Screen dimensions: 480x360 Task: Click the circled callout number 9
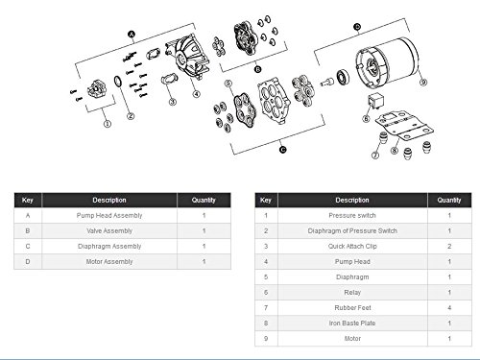tap(423, 83)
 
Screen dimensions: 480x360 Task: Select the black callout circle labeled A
tap(132, 35)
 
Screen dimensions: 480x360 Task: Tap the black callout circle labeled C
tap(283, 150)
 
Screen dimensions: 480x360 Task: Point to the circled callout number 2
tap(131, 116)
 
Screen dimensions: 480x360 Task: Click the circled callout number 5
tap(228, 84)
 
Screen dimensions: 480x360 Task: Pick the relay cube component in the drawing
tap(373, 101)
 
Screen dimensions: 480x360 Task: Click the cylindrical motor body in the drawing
tap(387, 63)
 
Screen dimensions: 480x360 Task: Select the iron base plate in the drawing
tap(405, 126)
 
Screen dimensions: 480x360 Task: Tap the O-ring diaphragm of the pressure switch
tap(117, 81)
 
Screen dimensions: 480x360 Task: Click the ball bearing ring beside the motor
tap(343, 77)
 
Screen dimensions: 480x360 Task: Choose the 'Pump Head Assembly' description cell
tap(109, 215)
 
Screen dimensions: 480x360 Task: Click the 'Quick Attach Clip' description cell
tap(352, 246)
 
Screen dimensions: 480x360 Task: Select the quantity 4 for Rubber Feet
tap(449, 307)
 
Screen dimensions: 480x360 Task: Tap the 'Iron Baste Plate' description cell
tap(352, 323)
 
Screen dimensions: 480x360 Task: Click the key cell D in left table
tap(28, 261)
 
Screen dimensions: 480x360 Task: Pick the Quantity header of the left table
tap(204, 200)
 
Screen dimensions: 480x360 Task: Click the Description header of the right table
tap(352, 200)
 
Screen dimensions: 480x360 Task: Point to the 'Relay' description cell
tap(352, 292)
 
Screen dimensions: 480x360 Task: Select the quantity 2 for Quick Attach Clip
tap(449, 246)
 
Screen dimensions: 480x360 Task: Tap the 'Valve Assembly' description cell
tap(109, 230)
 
